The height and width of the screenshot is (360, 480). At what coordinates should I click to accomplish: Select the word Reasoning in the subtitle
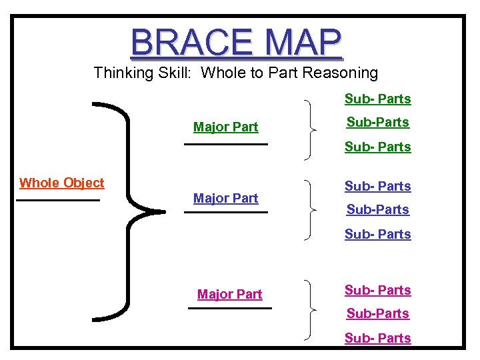coord(340,73)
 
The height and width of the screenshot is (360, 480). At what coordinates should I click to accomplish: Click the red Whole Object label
coord(62,183)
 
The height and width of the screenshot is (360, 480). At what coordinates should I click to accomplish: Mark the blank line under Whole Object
coord(58,199)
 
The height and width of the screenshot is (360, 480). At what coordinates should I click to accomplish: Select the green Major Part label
coord(225,127)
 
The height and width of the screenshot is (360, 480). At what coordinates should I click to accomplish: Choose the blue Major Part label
coord(225,198)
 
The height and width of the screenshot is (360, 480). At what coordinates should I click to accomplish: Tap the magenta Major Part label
coord(230,294)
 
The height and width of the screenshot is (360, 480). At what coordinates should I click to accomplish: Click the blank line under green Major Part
coord(225,143)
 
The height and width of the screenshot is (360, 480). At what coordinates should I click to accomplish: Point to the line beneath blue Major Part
coord(225,212)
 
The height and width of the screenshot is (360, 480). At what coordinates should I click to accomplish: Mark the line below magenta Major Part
coord(230,308)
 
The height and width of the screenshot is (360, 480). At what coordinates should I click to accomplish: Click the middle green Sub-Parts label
coord(377,123)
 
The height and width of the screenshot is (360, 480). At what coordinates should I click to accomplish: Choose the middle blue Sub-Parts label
coord(377,210)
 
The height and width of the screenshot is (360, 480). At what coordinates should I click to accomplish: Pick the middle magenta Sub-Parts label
coord(377,314)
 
